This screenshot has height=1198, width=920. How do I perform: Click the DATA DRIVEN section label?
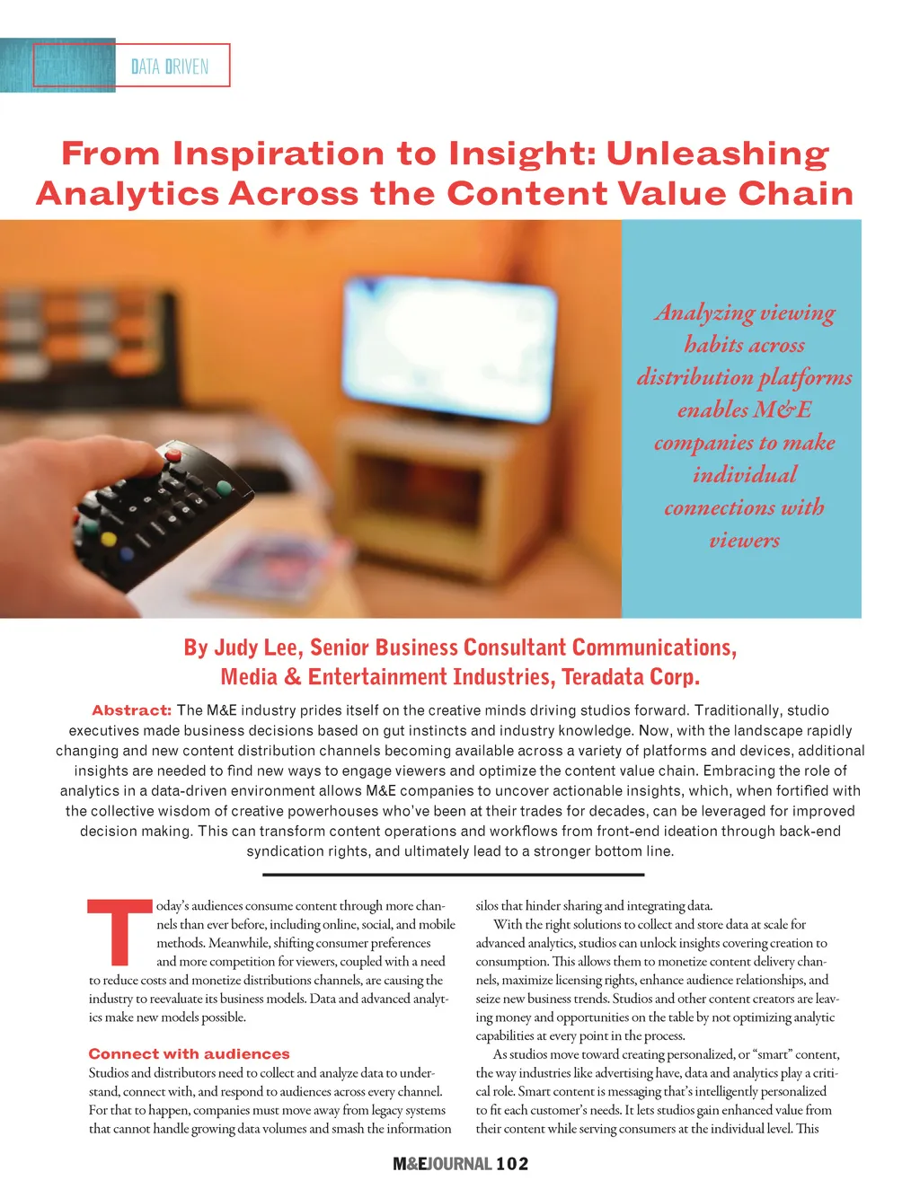coord(170,66)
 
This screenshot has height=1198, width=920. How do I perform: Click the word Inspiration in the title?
coord(279,154)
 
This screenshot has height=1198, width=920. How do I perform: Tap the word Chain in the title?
coord(795,194)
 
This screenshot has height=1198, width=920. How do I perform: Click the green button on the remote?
coord(225,488)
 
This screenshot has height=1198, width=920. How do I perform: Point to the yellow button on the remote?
coord(109,541)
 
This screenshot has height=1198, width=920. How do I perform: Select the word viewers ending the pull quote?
coord(744,540)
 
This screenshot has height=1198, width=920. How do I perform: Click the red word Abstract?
coord(131,710)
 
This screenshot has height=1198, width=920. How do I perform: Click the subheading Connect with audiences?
coord(189,1053)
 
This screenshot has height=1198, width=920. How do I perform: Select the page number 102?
coord(512,1164)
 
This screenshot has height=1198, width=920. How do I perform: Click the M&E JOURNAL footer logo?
coord(442,1164)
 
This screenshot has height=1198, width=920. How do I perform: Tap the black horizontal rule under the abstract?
coord(454,874)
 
